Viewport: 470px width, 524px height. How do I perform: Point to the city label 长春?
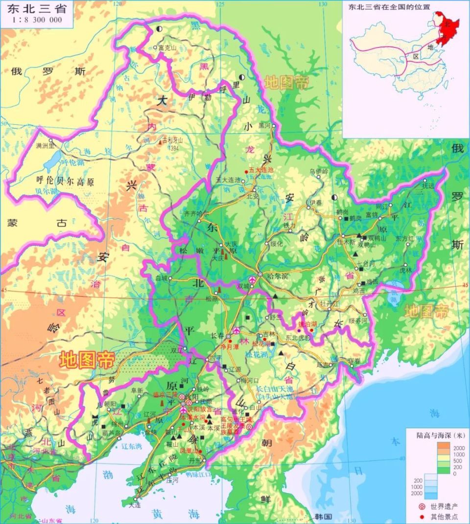tap(217, 336)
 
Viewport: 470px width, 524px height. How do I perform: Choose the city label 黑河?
tap(264, 126)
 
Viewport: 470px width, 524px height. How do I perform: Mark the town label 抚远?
tap(428, 186)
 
